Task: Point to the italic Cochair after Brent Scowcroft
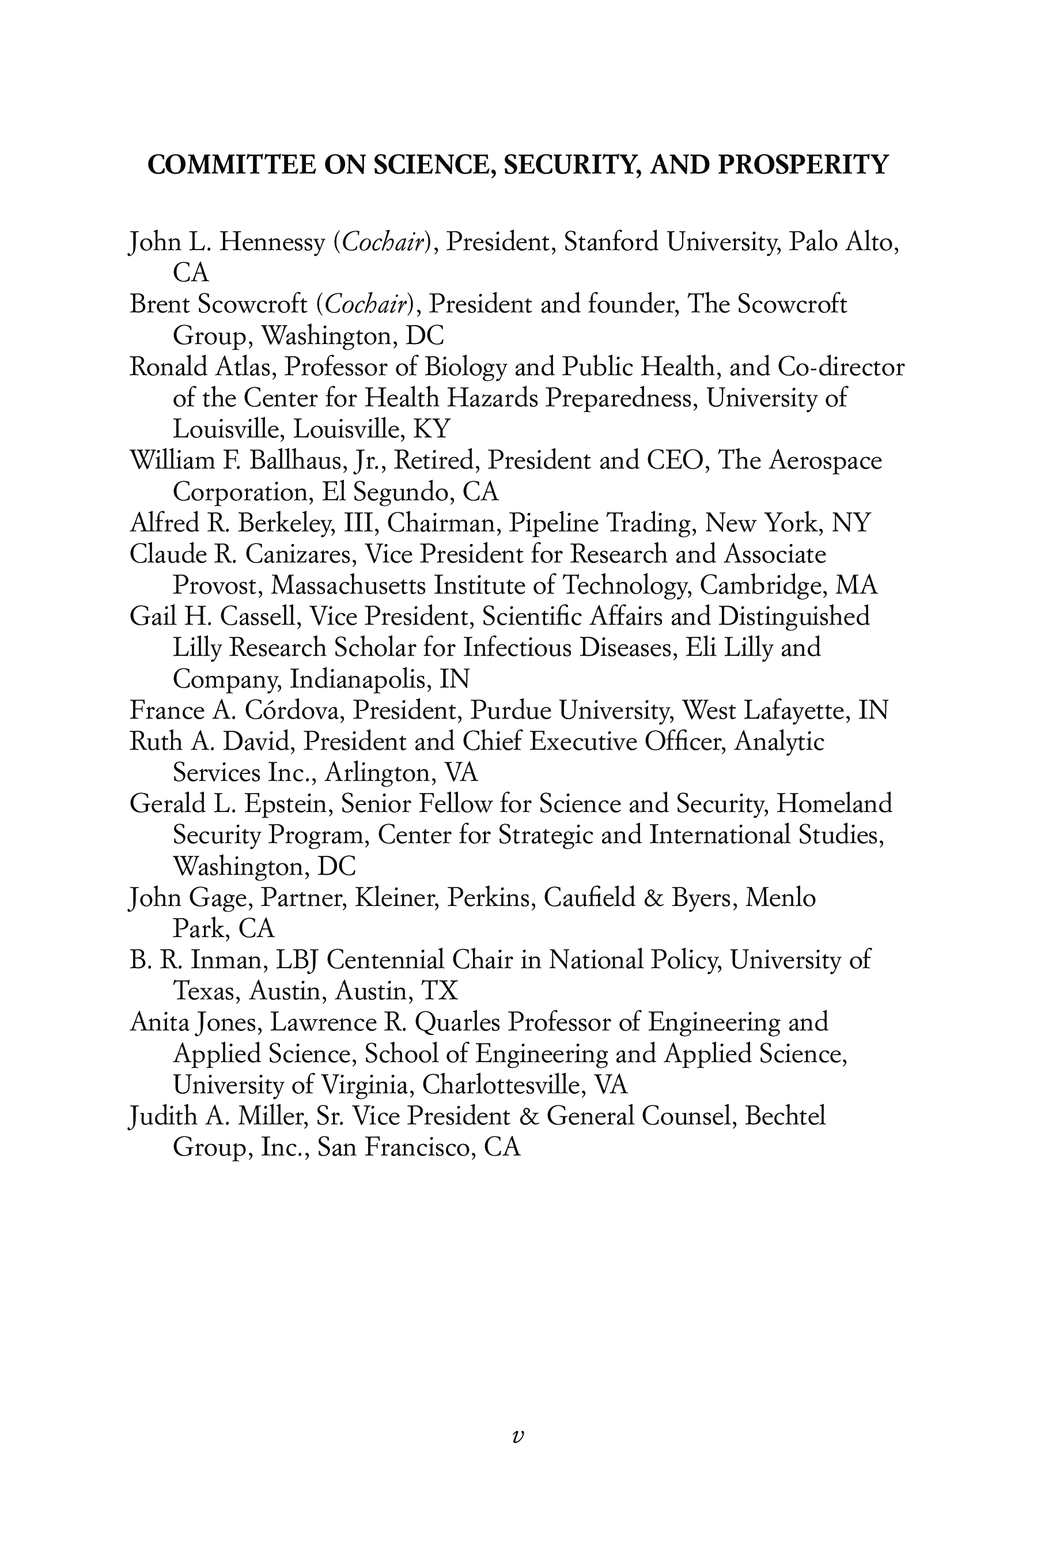[365, 305]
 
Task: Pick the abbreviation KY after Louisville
[431, 429]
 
